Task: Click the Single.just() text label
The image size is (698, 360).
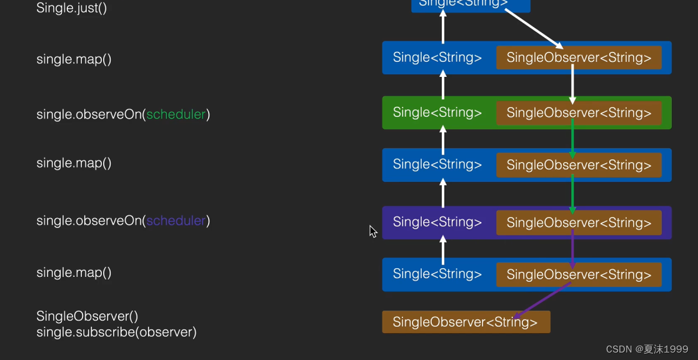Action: [x=72, y=9]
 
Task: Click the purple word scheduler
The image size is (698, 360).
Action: [x=176, y=221]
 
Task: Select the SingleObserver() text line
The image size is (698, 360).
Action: [x=87, y=316]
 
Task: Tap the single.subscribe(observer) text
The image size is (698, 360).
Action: [x=116, y=332]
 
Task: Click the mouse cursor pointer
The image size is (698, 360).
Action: [x=372, y=231]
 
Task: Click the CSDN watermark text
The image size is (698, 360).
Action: [x=647, y=349]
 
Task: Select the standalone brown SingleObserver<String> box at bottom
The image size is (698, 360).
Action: [x=466, y=322]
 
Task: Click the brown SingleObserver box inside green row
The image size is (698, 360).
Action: [x=579, y=112]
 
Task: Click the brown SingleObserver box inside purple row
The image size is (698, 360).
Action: [x=579, y=222]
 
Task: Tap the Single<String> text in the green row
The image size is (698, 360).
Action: [x=437, y=112]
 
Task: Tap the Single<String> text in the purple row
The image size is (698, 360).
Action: [x=437, y=222]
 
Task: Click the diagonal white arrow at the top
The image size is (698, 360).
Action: [x=533, y=29]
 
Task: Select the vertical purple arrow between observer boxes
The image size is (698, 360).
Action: [x=572, y=248]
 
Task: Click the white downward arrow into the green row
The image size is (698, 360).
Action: [x=572, y=84]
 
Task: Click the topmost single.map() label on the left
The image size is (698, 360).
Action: [x=74, y=59]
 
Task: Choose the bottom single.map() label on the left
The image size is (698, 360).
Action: [x=74, y=272]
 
